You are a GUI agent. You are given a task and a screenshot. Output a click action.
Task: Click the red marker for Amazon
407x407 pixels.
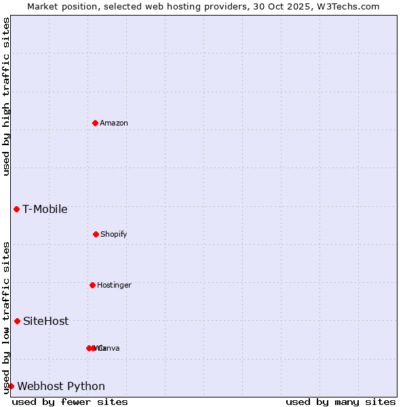click(x=95, y=123)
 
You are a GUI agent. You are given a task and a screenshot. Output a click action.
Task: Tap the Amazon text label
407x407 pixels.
click(x=114, y=123)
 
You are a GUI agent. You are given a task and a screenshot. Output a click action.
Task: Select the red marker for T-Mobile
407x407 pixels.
click(x=16, y=209)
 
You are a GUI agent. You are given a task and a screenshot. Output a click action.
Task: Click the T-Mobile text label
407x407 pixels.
click(x=45, y=210)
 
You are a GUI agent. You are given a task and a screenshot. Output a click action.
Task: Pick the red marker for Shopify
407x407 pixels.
click(x=96, y=234)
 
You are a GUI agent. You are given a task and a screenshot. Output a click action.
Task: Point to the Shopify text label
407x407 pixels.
click(x=114, y=235)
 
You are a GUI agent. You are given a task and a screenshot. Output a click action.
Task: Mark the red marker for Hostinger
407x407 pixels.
click(x=92, y=285)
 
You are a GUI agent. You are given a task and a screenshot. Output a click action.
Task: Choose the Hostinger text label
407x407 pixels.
click(x=114, y=286)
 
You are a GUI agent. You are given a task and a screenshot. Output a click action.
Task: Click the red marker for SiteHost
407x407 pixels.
click(x=17, y=321)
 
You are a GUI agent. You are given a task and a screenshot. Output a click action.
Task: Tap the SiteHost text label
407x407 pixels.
click(x=45, y=322)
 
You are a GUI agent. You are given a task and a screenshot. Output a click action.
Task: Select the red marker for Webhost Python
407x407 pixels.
click(x=11, y=386)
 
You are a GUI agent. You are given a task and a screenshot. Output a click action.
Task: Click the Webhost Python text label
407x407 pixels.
click(x=61, y=387)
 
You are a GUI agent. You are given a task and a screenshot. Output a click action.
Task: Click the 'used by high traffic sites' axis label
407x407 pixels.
click(x=7, y=96)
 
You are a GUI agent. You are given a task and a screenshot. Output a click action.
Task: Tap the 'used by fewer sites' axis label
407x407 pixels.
click(x=70, y=402)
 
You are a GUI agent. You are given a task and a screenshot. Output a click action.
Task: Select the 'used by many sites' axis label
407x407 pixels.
click(x=341, y=402)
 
